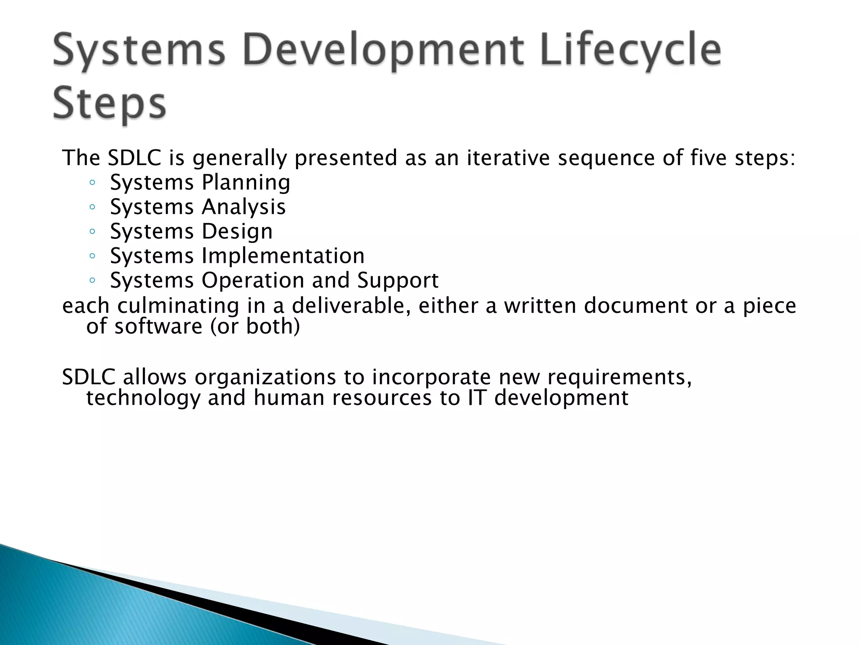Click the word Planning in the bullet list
(x=246, y=183)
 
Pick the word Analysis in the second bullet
(x=244, y=207)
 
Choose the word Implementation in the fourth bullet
(x=283, y=256)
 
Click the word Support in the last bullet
(x=398, y=281)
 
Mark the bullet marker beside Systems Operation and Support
(x=92, y=281)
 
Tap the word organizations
(x=265, y=377)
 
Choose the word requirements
(x=619, y=377)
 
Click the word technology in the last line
(x=143, y=398)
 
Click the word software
(x=158, y=326)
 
